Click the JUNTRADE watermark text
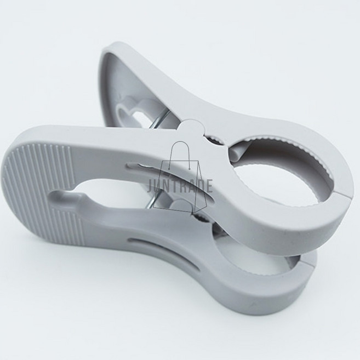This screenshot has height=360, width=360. [180, 185]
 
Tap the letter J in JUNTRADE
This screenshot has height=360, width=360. [150, 185]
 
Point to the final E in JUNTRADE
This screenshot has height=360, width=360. [209, 185]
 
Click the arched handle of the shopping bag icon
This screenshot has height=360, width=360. [180, 153]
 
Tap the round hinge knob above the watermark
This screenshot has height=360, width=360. [191, 132]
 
